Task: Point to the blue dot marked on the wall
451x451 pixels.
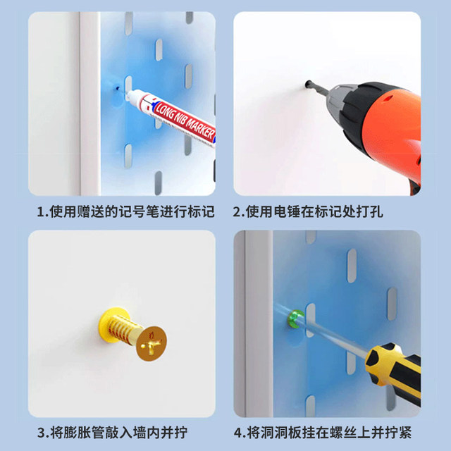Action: tap(117, 87)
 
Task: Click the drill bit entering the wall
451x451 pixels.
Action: tap(316, 87)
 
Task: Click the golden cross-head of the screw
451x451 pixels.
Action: tap(152, 343)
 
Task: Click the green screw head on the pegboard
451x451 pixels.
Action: tap(295, 319)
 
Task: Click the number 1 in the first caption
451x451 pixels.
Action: tap(41, 212)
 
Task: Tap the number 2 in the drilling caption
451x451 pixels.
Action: tap(237, 212)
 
